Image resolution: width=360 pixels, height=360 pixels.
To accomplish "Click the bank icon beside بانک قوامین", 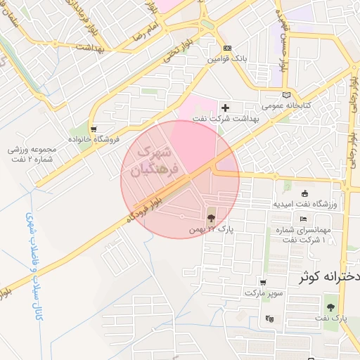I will coord(226,49).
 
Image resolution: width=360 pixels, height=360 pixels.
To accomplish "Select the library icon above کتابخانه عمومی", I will coord(285,95).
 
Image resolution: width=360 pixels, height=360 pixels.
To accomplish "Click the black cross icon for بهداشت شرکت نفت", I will coord(225,108).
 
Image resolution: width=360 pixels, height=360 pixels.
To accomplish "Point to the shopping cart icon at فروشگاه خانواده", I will coord(94,129).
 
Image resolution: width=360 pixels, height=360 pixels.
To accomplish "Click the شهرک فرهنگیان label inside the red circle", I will coord(156,160).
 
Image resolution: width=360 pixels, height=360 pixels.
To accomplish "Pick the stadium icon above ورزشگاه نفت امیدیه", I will coord(304,193).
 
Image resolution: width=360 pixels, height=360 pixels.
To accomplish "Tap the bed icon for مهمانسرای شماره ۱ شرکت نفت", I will coord(303,219).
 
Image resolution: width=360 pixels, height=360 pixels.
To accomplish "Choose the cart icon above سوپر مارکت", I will coord(262,282).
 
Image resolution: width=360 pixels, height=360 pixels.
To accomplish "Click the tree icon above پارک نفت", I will coord(330,307).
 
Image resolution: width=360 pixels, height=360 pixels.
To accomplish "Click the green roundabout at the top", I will coord(205,25).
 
